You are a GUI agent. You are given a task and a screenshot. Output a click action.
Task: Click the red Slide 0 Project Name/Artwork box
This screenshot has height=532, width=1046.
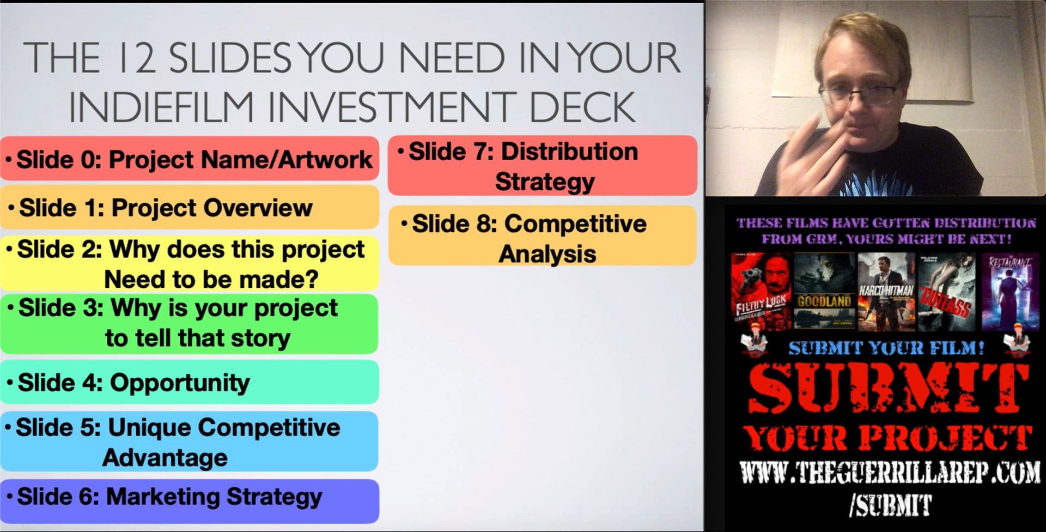(x=189, y=159)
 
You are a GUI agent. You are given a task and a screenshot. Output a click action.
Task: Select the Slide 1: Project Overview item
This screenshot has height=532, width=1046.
(x=189, y=208)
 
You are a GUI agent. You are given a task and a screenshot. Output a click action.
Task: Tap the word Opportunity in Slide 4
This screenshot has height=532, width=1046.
(x=180, y=383)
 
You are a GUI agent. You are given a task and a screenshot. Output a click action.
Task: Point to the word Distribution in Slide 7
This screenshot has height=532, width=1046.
(x=569, y=152)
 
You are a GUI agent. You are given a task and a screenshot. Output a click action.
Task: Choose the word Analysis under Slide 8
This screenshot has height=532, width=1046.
(x=547, y=254)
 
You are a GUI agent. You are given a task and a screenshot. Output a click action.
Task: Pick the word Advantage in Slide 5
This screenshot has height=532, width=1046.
(x=165, y=457)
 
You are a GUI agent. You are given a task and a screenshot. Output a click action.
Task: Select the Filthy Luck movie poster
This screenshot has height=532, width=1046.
(x=761, y=292)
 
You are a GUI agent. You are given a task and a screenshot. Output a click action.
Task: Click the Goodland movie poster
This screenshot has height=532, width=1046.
(x=824, y=292)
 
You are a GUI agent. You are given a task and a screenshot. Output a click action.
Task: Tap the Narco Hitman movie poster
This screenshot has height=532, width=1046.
(x=886, y=292)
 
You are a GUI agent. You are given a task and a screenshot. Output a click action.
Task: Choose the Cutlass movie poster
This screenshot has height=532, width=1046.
(x=946, y=292)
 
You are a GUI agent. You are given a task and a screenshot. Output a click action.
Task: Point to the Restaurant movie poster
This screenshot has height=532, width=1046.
(x=1010, y=292)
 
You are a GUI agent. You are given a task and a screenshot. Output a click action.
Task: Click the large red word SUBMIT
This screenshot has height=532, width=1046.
(x=888, y=388)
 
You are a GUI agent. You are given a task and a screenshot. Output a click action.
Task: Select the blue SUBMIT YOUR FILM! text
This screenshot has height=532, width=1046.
(x=886, y=348)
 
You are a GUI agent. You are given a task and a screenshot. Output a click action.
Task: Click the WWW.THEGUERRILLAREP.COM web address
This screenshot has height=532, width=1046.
(x=890, y=473)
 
